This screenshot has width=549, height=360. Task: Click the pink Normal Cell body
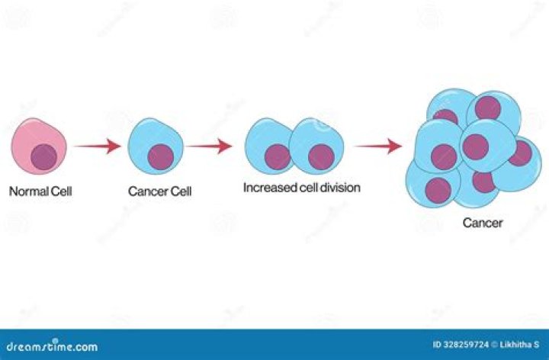30,134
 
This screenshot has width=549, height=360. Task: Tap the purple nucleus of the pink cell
43,156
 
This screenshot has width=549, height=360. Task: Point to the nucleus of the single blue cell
161,157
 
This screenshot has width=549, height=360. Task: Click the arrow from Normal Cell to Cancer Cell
98,146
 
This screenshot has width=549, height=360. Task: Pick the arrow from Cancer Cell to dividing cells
210,146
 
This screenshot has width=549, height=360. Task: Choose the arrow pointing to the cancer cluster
379,146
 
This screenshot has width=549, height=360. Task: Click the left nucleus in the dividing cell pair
278,156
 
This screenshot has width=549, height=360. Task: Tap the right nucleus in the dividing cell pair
322,156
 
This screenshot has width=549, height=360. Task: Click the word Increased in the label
268,187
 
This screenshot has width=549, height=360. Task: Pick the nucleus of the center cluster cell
475,146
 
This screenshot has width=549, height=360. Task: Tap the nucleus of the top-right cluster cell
489,108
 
